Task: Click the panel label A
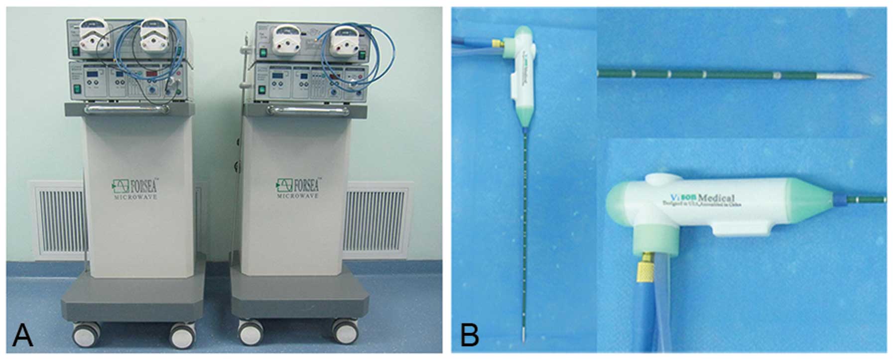pyautogui.click(x=22, y=335)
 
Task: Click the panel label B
pyautogui.click(x=469, y=335)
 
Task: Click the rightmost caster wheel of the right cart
pyautogui.click(x=345, y=331)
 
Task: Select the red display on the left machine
pyautogui.click(x=152, y=74)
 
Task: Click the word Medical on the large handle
pyautogui.click(x=713, y=199)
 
